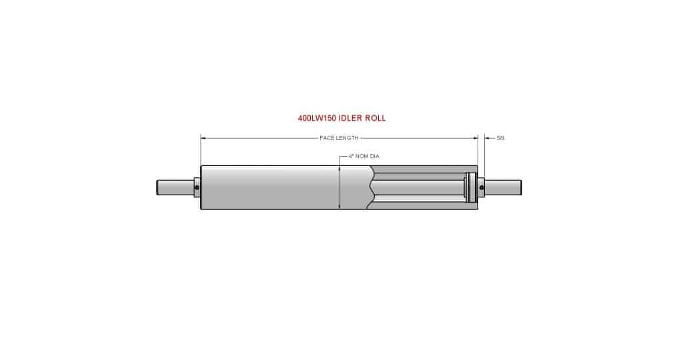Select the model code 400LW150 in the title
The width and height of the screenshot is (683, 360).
click(x=317, y=118)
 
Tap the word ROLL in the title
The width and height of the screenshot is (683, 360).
click(x=374, y=118)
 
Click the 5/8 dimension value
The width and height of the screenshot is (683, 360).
click(x=500, y=138)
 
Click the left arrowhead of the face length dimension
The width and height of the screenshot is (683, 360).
click(x=203, y=138)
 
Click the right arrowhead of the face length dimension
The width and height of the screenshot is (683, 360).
click(x=476, y=138)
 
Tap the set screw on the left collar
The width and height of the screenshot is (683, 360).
click(x=197, y=189)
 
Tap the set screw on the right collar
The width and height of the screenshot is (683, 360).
click(x=482, y=189)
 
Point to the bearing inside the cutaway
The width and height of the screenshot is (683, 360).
click(x=470, y=187)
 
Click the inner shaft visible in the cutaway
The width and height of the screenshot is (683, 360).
click(x=420, y=187)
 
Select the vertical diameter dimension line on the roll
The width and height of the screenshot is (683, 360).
click(x=339, y=193)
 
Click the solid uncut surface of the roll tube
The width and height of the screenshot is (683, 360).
click(x=267, y=187)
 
